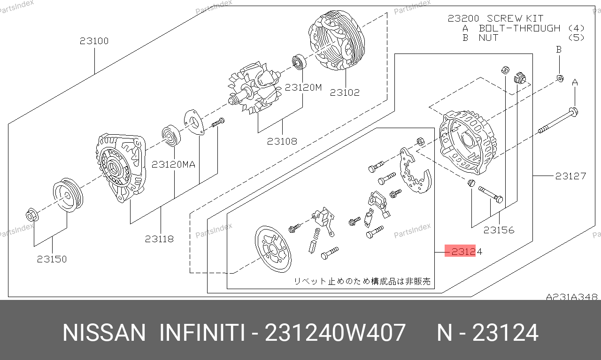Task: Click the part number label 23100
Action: tap(94, 41)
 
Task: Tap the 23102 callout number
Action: tap(345, 92)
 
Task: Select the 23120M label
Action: tap(303, 87)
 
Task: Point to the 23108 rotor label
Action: tap(282, 141)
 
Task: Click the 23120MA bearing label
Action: tap(173, 164)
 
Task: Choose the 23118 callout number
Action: tap(159, 239)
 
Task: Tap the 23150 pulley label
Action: tap(52, 259)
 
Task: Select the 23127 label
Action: tap(570, 176)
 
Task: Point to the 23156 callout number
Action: tap(499, 230)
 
